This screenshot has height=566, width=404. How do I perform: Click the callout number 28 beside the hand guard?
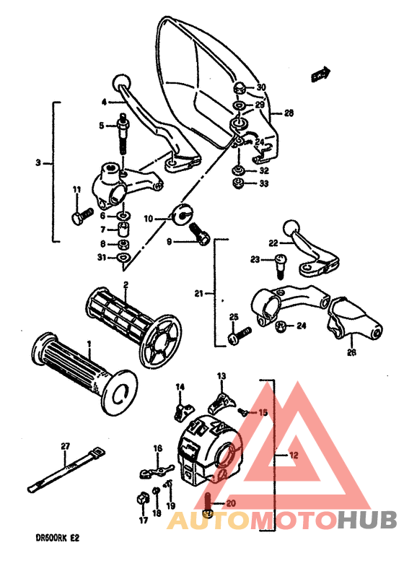tap(289, 113)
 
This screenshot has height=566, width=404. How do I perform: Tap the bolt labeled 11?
tap(81, 214)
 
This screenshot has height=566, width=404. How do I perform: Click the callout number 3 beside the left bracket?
tap(38, 163)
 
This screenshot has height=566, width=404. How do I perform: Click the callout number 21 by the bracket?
tap(199, 293)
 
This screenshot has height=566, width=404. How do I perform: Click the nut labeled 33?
tap(237, 185)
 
